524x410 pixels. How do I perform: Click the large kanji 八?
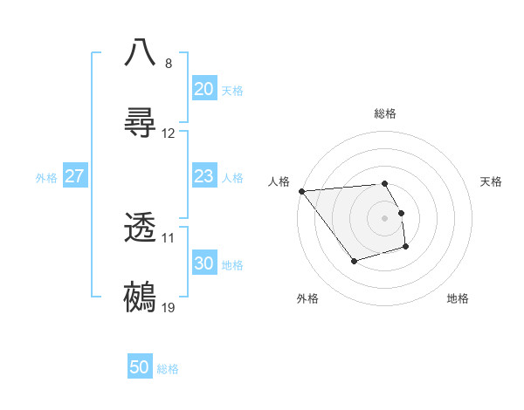click(x=141, y=51)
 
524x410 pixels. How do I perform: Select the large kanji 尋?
click(x=141, y=121)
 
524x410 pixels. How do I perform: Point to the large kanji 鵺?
click(x=141, y=297)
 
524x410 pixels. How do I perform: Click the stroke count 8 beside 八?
click(x=169, y=64)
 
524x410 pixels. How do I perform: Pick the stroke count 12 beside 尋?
click(x=169, y=133)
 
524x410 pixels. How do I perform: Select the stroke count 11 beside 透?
click(x=169, y=238)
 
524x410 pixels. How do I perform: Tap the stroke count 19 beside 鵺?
click(x=169, y=308)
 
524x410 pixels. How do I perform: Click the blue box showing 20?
click(x=204, y=89)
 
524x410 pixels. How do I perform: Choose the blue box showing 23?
click(x=204, y=176)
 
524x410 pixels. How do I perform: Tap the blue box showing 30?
click(x=204, y=263)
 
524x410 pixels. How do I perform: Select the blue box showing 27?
click(x=75, y=176)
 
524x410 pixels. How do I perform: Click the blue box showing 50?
click(x=140, y=367)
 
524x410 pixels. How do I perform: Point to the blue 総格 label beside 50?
click(x=168, y=369)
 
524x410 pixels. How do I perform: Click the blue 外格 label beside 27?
click(x=46, y=178)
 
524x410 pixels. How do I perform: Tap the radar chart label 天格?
click(x=492, y=181)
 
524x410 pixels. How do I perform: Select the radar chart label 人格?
click(x=279, y=181)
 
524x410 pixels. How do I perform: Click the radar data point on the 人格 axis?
click(x=301, y=191)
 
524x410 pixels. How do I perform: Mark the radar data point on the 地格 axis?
click(x=406, y=248)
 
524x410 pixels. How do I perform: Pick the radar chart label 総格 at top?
click(x=385, y=113)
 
